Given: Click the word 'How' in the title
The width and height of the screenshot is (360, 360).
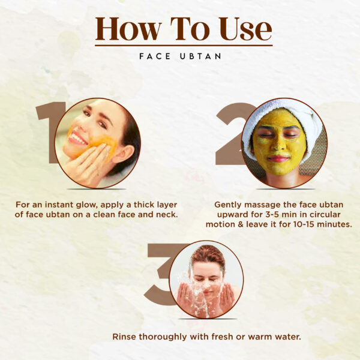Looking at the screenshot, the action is point(128,29).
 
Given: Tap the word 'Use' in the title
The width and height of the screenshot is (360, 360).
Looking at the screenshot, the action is point(245,29).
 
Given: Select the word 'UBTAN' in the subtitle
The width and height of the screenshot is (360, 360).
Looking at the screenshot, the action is point(200,56).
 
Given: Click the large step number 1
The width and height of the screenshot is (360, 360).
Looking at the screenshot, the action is point(49,133).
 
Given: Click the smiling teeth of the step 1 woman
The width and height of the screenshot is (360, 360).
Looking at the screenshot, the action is point(78,139).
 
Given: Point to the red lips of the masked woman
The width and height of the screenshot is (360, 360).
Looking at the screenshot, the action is point(278,158).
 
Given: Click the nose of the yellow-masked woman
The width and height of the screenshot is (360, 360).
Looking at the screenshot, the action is point(277,144).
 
